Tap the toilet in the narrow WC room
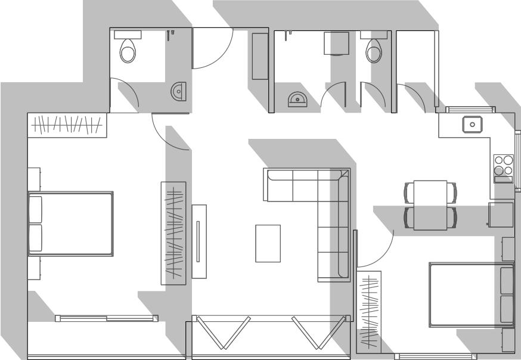click(x=374, y=51)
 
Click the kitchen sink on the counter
click(x=472, y=124)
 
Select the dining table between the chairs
click(x=430, y=204)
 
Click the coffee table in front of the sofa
click(x=268, y=243)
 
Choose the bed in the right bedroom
click(x=471, y=294)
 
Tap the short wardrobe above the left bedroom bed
click(x=67, y=125)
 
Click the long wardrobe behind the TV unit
click(x=173, y=232)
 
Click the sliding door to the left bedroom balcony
click(x=107, y=318)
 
